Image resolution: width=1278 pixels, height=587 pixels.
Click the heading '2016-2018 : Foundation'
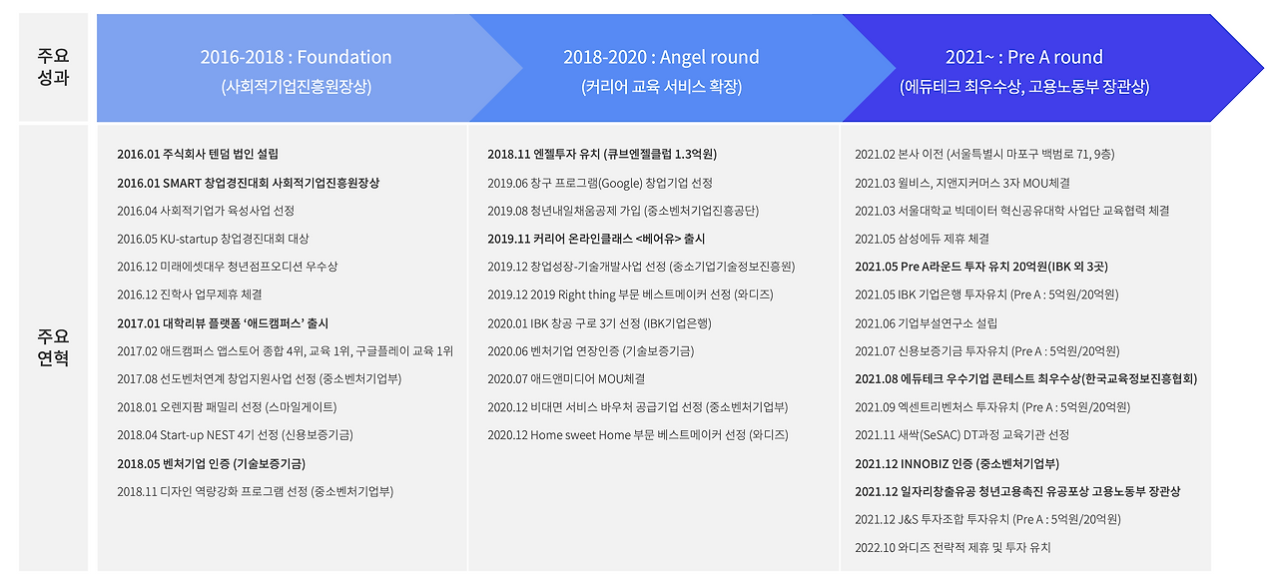pyautogui.click(x=296, y=57)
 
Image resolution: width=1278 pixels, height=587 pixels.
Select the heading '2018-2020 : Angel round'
pyautogui.click(x=661, y=57)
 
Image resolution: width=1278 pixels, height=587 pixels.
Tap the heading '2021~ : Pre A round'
pyautogui.click(x=1024, y=57)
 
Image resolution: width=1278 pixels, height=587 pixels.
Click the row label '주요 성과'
pyautogui.click(x=53, y=66)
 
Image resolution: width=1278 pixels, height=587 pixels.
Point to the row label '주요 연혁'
pyautogui.click(x=53, y=347)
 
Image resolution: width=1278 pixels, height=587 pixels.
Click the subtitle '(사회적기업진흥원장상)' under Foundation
pyautogui.click(x=296, y=87)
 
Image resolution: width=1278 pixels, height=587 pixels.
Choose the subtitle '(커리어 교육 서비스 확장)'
pyautogui.click(x=661, y=87)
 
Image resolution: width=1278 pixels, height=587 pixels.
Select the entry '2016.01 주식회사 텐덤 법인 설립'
pyautogui.click(x=198, y=155)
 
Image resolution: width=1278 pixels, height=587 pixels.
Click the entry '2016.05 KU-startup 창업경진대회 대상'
pyautogui.click(x=213, y=239)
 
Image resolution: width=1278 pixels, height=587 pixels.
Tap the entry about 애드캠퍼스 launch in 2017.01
pyautogui.click(x=223, y=323)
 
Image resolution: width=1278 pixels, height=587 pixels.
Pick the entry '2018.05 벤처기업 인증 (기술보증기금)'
pyautogui.click(x=211, y=463)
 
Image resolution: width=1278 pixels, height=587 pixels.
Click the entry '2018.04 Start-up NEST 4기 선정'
pyautogui.click(x=235, y=435)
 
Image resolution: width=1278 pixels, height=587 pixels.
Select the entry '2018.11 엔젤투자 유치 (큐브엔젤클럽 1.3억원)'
pyautogui.click(x=602, y=155)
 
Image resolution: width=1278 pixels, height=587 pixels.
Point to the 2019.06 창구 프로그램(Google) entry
pyautogui.click(x=600, y=183)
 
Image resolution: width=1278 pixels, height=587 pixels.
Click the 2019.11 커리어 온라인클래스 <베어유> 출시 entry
pyautogui.click(x=596, y=239)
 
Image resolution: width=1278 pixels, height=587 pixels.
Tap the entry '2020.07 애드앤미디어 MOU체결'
pyautogui.click(x=566, y=379)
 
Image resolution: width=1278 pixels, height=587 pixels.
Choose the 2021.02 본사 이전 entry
pyautogui.click(x=984, y=155)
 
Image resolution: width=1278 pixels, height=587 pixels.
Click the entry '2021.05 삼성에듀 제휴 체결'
pyautogui.click(x=922, y=239)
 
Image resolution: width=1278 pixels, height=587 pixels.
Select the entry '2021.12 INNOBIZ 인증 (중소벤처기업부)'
pyautogui.click(x=957, y=463)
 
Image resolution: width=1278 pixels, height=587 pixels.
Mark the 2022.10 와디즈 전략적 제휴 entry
pyautogui.click(x=953, y=548)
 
